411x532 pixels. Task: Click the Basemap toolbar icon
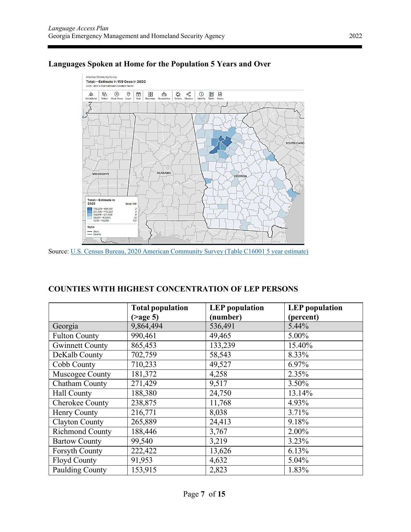pos(150,95)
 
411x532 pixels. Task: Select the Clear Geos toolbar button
pos(117,95)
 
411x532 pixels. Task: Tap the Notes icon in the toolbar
pos(220,95)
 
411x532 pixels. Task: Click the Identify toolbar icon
pos(201,95)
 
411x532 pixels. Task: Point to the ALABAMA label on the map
pos(164,173)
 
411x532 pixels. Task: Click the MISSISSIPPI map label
pos(101,174)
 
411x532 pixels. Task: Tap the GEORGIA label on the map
pos(240,176)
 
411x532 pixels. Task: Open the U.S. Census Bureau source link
pos(189,251)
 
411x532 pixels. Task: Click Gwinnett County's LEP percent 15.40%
pos(300,345)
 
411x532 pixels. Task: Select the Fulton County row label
pos(75,336)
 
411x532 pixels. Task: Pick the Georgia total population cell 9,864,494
pos(147,326)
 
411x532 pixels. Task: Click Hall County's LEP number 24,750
pos(220,393)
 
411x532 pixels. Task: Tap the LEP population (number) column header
pos(237,312)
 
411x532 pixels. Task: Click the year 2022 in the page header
pos(355,36)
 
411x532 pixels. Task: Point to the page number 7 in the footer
pos(203,494)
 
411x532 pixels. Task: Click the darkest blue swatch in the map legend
pos(90,209)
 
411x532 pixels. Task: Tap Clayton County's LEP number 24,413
pos(220,422)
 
